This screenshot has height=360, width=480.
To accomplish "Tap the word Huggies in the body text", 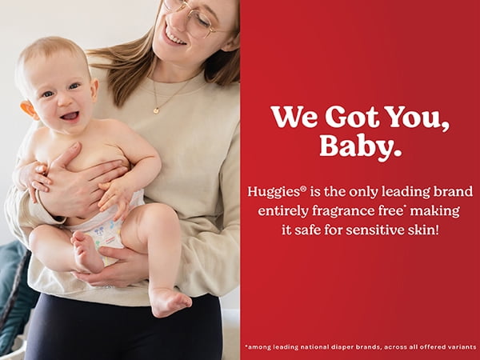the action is pyautogui.click(x=273, y=193).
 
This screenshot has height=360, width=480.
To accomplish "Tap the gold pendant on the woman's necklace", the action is pyautogui.click(x=156, y=110).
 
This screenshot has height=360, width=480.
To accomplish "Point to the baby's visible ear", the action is pyautogui.click(x=28, y=110).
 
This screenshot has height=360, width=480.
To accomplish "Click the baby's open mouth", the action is pyautogui.click(x=70, y=116).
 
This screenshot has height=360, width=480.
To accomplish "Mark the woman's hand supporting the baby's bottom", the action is pyautogui.click(x=117, y=266).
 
